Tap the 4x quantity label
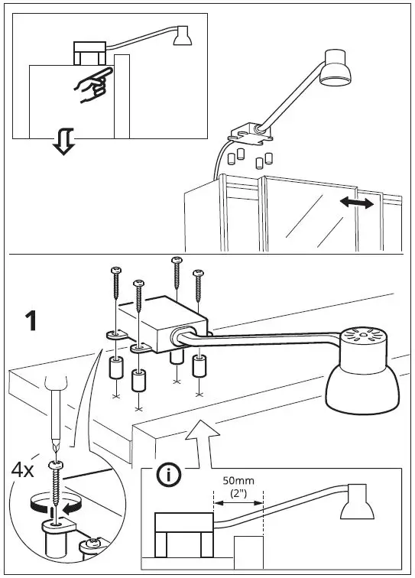[x=22, y=469]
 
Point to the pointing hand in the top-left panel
[x=92, y=86]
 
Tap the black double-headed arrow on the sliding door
[x=357, y=203]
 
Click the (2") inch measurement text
[x=238, y=495]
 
